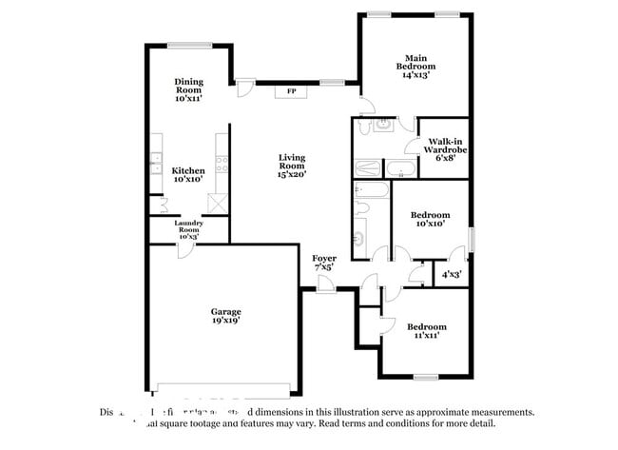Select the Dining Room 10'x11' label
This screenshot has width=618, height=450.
click(x=190, y=89)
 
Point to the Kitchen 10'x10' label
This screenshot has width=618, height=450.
click(x=187, y=175)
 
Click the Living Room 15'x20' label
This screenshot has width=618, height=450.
click(x=292, y=166)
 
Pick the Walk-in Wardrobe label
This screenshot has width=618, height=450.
click(x=445, y=149)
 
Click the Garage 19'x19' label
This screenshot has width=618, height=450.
click(x=225, y=316)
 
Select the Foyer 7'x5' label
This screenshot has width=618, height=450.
click(x=324, y=263)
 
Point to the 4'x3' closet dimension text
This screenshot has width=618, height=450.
click(x=451, y=274)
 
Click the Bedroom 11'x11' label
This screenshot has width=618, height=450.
click(x=427, y=331)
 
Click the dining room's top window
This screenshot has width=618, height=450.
click(x=197, y=44)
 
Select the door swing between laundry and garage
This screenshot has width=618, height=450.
click(x=185, y=249)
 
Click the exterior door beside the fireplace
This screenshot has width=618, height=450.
click(x=244, y=88)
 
